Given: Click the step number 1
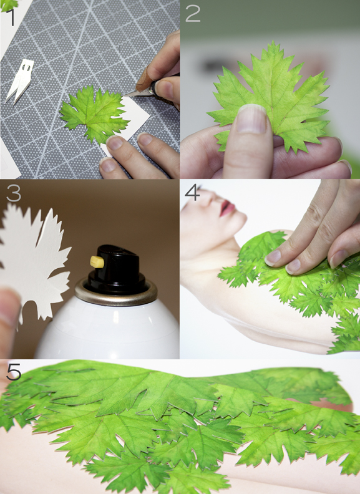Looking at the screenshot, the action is pyautogui.click(x=11, y=17).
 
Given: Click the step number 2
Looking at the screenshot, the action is pyautogui.click(x=193, y=14).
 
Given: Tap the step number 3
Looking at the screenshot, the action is pyautogui.click(x=14, y=193).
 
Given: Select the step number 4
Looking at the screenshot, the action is pyautogui.click(x=192, y=193).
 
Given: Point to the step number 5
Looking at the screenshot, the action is pyautogui.click(x=14, y=372).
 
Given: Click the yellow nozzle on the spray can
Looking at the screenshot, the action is pyautogui.click(x=98, y=261).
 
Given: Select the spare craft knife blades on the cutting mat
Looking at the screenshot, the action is pyautogui.click(x=19, y=80).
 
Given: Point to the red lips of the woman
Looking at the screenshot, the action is pyautogui.click(x=227, y=208).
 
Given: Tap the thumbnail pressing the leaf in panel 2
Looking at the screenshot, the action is pyautogui.click(x=251, y=119).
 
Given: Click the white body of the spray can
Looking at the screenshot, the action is pyautogui.click(x=107, y=331).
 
